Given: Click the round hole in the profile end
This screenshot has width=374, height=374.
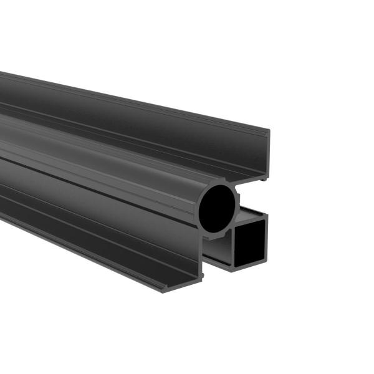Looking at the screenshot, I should [x=218, y=205].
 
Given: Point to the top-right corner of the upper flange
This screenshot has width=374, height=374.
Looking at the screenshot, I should [x=269, y=131].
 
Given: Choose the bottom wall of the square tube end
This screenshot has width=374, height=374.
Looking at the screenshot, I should [x=249, y=267].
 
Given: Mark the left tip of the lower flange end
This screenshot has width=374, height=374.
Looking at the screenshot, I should [x=164, y=290].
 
